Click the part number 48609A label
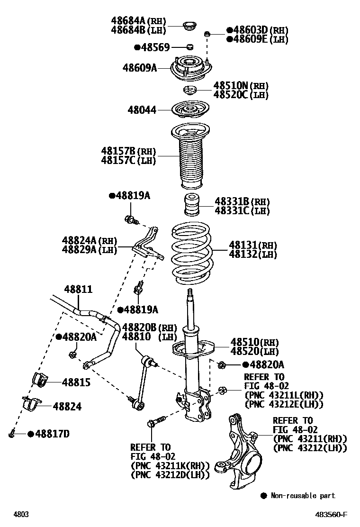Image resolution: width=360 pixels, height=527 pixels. [x=140, y=68]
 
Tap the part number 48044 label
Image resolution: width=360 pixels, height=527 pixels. [x=142, y=110]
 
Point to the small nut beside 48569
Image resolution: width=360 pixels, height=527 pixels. [x=189, y=46]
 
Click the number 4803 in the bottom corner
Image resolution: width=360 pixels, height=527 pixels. [x=21, y=514]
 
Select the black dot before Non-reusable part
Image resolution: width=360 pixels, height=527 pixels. [x=264, y=496]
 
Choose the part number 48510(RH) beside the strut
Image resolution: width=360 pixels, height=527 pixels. [x=254, y=342]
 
